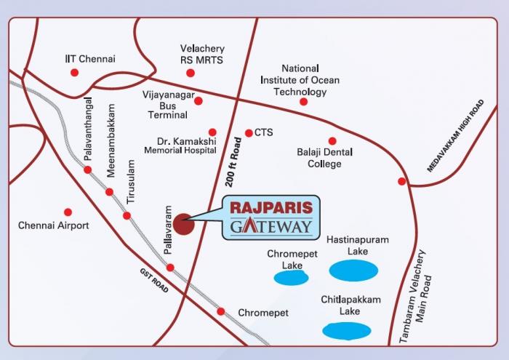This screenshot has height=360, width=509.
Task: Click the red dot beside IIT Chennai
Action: (x=73, y=73)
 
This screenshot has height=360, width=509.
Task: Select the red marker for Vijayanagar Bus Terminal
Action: (x=198, y=101)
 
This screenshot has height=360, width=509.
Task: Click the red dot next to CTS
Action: (x=248, y=133)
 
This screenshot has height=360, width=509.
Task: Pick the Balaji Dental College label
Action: (x=324, y=158)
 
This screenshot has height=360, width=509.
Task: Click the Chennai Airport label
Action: (x=53, y=225)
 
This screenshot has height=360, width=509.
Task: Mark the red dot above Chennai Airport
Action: (x=68, y=212)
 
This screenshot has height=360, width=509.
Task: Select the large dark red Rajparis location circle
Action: (x=185, y=222)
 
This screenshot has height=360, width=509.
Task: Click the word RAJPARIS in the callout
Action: (x=270, y=208)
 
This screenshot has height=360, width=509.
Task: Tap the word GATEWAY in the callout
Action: (x=270, y=226)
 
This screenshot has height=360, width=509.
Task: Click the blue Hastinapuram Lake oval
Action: (x=353, y=271)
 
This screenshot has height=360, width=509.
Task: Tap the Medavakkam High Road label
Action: (x=455, y=136)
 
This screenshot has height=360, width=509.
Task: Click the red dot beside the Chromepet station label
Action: (x=220, y=311)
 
